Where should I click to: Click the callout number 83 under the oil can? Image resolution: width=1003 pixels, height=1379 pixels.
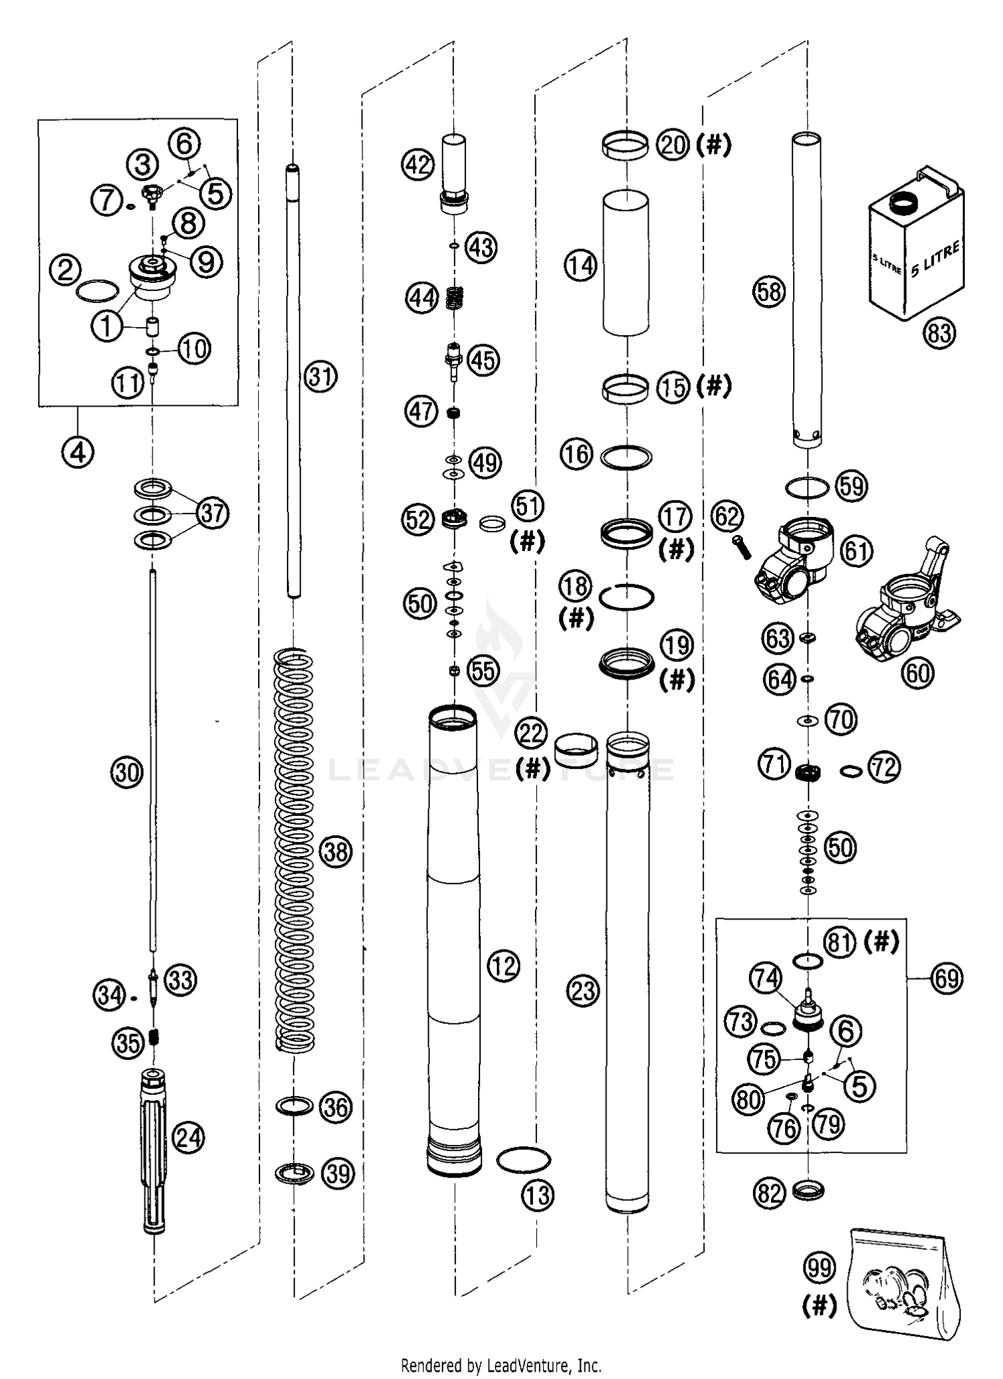tap(939, 332)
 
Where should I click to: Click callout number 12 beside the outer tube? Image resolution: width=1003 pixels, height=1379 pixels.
tap(504, 965)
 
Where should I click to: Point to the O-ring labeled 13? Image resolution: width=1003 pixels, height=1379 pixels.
tap(524, 1160)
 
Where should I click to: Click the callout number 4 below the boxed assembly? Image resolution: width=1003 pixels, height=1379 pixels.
tap(78, 453)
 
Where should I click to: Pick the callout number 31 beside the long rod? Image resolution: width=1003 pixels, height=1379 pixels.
tap(321, 377)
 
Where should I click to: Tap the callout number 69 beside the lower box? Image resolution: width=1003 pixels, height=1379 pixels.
tap(948, 978)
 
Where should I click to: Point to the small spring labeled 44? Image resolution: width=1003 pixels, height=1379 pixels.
tap(455, 298)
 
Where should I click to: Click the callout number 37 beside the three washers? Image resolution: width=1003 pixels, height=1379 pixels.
tap(213, 513)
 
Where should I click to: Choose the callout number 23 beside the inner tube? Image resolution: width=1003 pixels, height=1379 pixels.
tap(583, 990)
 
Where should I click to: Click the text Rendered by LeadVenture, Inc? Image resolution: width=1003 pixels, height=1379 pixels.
tap(501, 1365)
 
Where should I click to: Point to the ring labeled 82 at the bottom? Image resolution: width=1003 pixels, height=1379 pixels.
tap(808, 1191)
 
